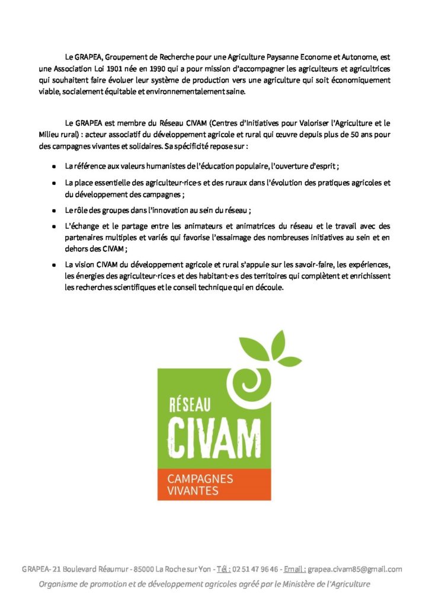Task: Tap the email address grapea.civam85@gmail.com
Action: (355, 569)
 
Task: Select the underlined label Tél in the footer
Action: (223, 569)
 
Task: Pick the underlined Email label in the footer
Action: (294, 569)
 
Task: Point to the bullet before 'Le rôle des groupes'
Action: (54, 210)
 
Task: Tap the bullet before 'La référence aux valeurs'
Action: (54, 167)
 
